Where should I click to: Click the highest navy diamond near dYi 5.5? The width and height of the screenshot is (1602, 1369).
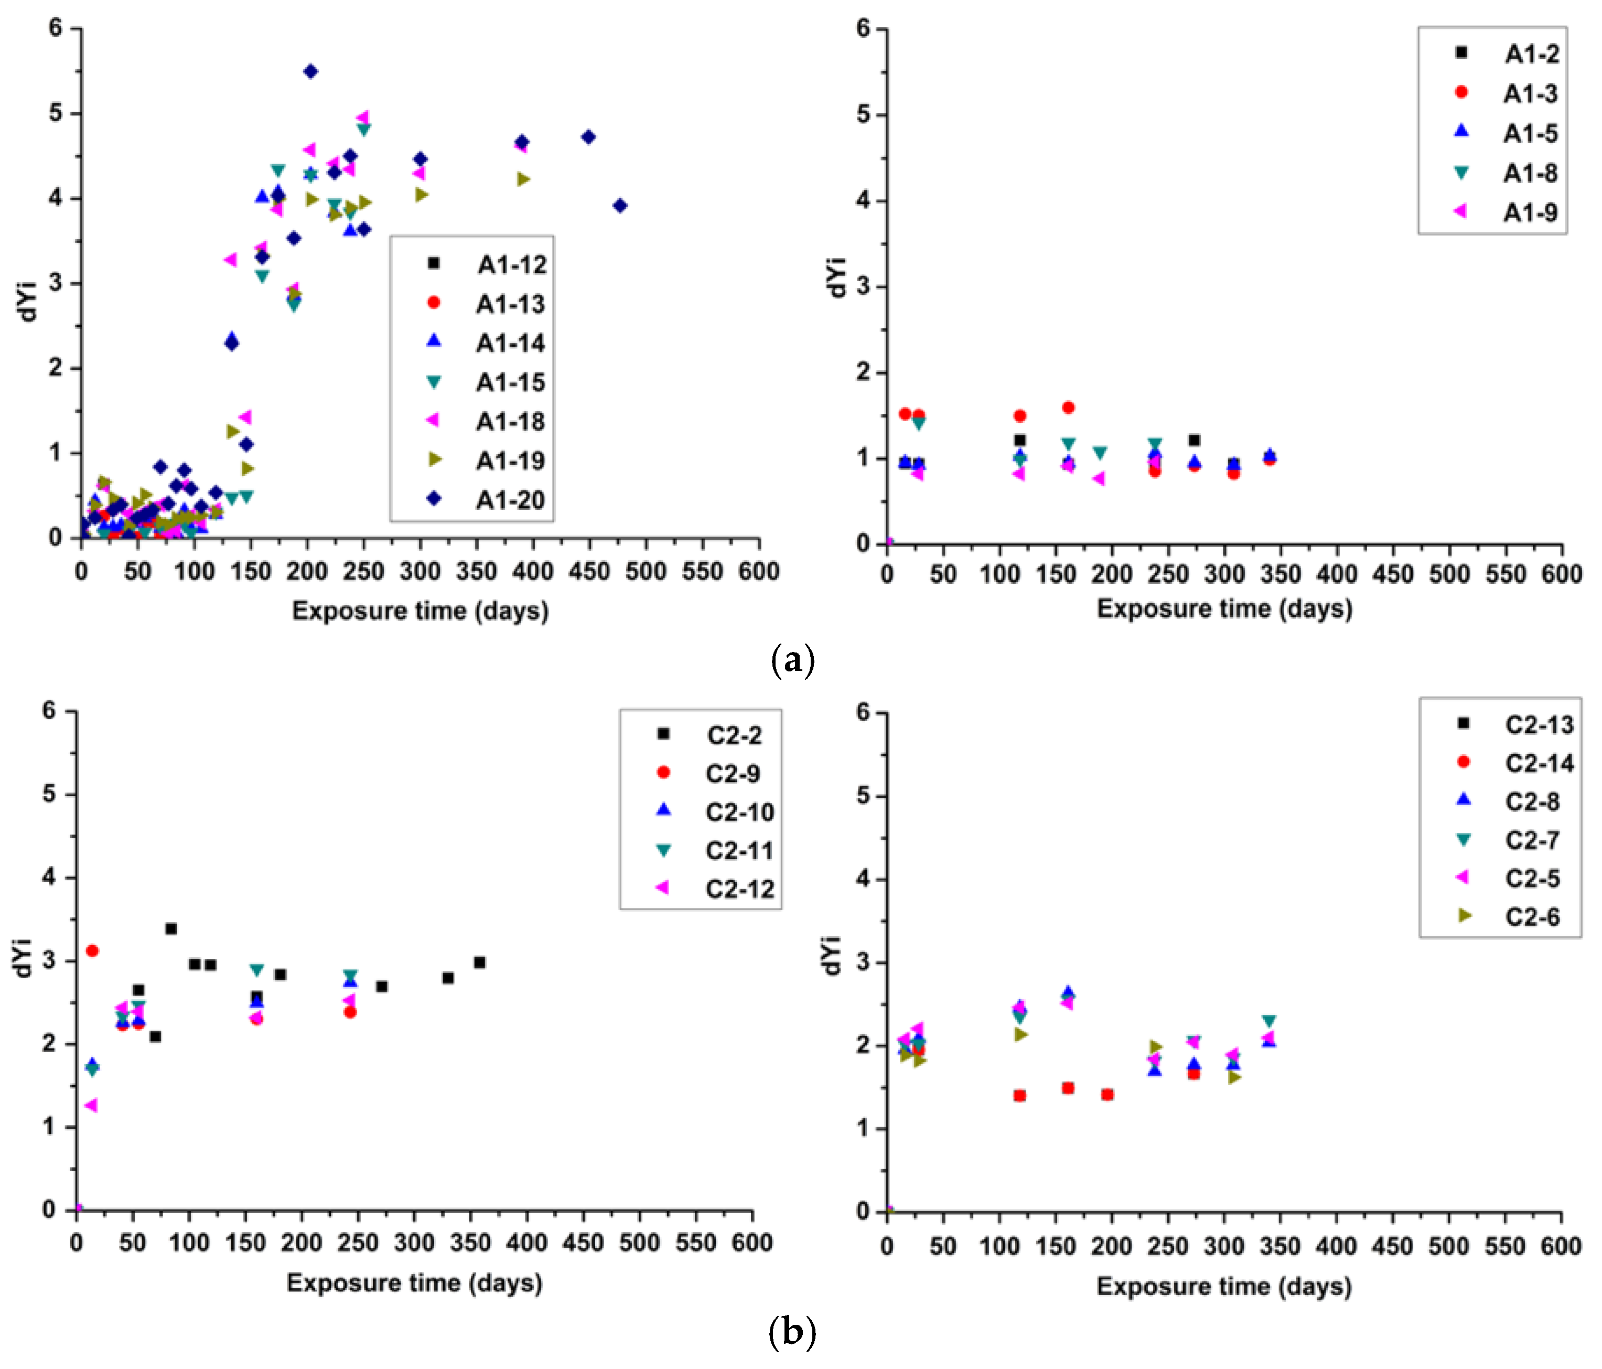click(311, 72)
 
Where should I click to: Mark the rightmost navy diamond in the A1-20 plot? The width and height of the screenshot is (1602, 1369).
click(619, 206)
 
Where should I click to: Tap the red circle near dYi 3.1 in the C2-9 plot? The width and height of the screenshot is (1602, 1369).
click(92, 950)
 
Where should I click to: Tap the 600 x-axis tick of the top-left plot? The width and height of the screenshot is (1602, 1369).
click(758, 572)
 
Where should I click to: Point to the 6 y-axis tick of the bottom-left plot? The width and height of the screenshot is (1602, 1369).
click(49, 710)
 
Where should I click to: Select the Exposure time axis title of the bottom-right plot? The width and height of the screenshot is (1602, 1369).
click(1224, 1286)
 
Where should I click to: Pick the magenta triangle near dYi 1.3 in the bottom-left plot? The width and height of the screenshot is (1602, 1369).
click(91, 1105)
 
